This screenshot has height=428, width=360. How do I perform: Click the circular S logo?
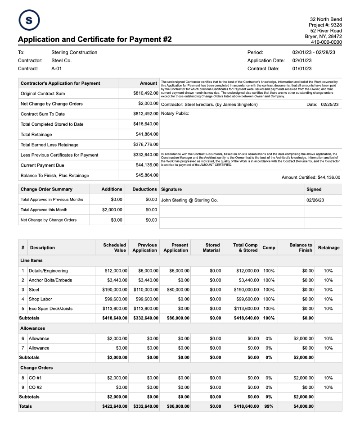pyautogui.click(x=29, y=20)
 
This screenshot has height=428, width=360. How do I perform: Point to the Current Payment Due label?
pyautogui.click(x=42, y=165)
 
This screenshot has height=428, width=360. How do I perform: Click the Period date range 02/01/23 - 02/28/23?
pyautogui.click(x=316, y=53)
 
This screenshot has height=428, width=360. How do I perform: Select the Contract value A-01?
pyautogui.click(x=56, y=69)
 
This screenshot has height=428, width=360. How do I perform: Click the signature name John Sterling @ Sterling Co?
pyautogui.click(x=189, y=200)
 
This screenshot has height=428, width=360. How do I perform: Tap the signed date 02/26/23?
pyautogui.click(x=315, y=200)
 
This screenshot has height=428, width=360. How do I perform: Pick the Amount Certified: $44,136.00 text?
pyautogui.click(x=310, y=178)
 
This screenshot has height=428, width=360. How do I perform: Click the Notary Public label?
pyautogui.click(x=175, y=114)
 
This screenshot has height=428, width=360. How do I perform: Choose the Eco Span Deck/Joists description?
pyautogui.click(x=50, y=309)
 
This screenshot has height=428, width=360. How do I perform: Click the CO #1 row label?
pyautogui.click(x=35, y=378)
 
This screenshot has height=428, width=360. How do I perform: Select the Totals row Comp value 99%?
pyautogui.click(x=269, y=406)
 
